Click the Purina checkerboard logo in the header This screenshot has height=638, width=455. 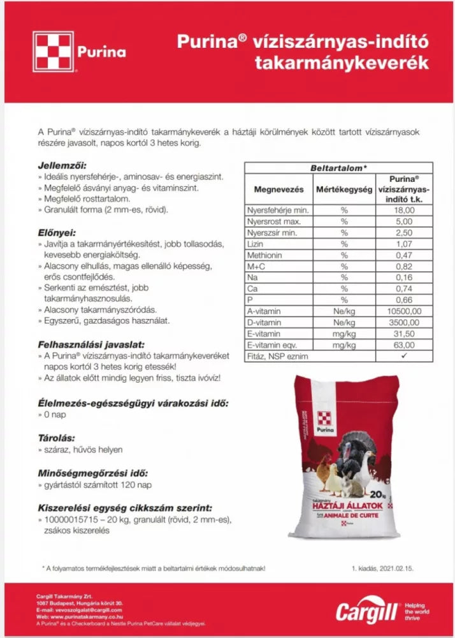click(x=54, y=52)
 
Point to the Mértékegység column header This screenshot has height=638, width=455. click(x=343, y=189)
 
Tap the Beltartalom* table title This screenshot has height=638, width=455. click(x=338, y=168)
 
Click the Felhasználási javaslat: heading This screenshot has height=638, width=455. click(x=92, y=344)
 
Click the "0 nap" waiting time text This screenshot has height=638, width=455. click(x=55, y=415)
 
